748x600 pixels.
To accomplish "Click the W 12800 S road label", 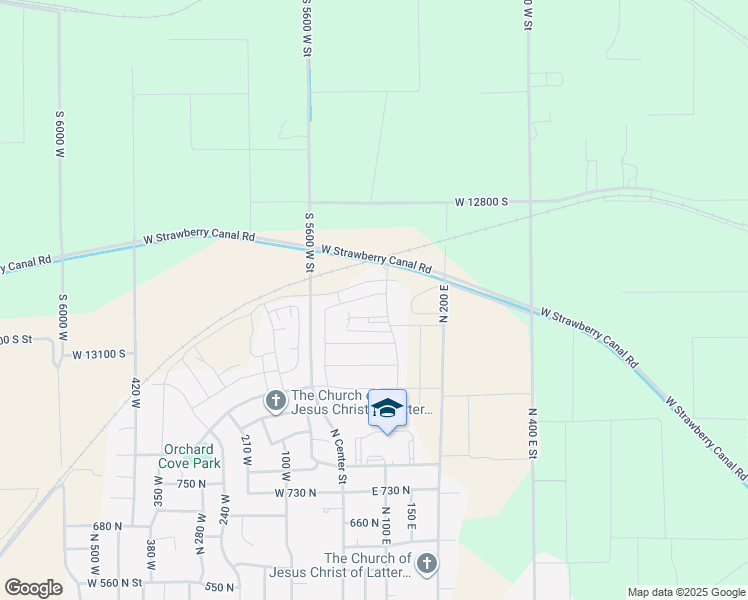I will pos(482,202).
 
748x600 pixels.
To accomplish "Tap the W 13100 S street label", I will pos(98,354).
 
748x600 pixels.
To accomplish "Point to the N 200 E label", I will pos(445,303).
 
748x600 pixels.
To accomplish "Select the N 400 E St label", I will pos(534,433).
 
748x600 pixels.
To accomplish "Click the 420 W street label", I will pos(135,394).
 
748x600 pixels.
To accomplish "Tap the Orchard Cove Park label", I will pos(190,456).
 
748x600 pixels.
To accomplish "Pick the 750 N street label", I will pos(192,483).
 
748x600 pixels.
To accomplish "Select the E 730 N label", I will pos(391,491).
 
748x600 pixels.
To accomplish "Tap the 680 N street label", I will pos(106,526).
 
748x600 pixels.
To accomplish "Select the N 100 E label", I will pos(386,526).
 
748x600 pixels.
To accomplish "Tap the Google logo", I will pos(33,588).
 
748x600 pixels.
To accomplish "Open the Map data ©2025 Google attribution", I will pos(685,592).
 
